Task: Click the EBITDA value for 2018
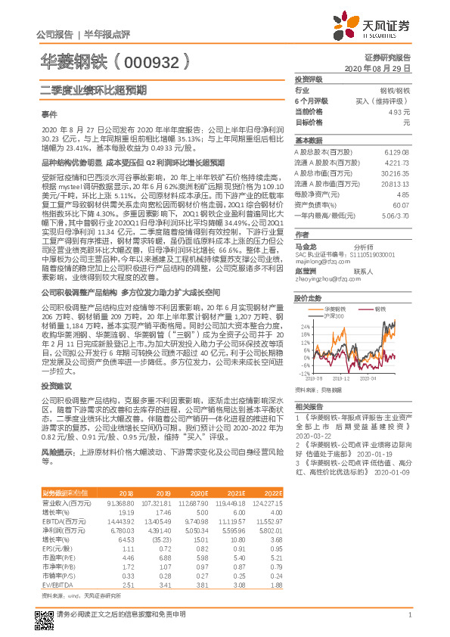tap(123, 522)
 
